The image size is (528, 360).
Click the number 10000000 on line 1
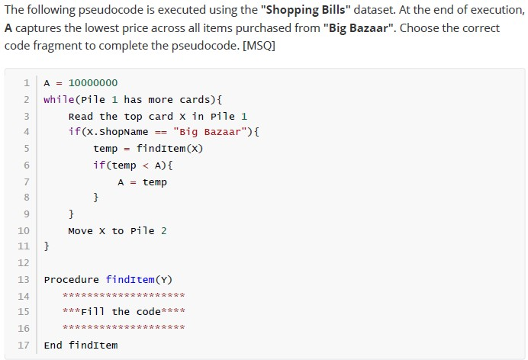pyautogui.click(x=93, y=83)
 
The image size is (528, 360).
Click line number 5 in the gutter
pyautogui.click(x=27, y=149)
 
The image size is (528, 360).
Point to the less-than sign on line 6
pyautogui.click(x=146, y=166)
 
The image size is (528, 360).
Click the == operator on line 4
pyautogui.click(x=161, y=132)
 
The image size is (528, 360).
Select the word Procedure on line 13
pyautogui.click(x=72, y=280)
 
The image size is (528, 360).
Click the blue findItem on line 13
pyautogui.click(x=130, y=280)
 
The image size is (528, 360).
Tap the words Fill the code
pyautogui.click(x=121, y=311)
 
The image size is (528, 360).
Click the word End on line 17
pyautogui.click(x=53, y=346)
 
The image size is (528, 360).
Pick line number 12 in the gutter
pyautogui.click(x=24, y=263)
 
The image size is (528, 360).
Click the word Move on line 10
pyautogui.click(x=80, y=231)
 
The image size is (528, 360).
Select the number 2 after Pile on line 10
pyautogui.click(x=163, y=231)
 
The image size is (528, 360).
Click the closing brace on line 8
pyautogui.click(x=96, y=197)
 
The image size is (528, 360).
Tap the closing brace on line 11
pyautogui.click(x=47, y=246)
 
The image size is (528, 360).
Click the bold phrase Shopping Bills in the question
pyautogui.click(x=306, y=10)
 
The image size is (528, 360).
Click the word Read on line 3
pyautogui.click(x=80, y=117)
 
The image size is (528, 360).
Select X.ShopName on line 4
pyautogui.click(x=118, y=132)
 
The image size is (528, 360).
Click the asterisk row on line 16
pyautogui.click(x=124, y=326)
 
